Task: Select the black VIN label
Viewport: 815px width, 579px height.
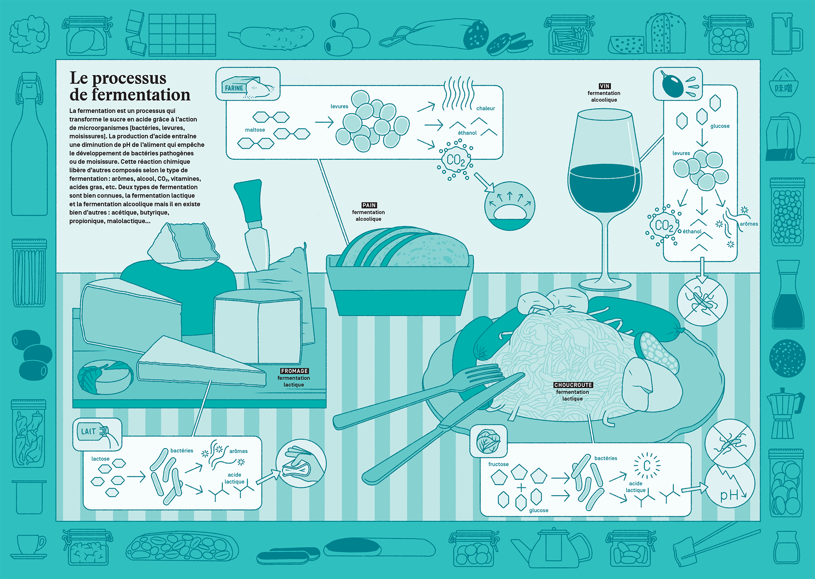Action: click(x=604, y=86)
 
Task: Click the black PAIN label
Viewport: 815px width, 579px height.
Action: click(x=369, y=205)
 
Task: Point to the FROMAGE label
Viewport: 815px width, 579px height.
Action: click(x=294, y=371)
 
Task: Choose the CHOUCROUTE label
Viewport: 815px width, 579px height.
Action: click(x=573, y=385)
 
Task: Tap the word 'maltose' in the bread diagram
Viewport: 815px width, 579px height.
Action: click(x=255, y=130)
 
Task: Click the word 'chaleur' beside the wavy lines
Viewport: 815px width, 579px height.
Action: click(x=486, y=108)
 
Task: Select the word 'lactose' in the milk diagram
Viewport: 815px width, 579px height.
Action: click(x=100, y=459)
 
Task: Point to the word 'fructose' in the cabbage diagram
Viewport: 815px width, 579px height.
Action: click(x=498, y=464)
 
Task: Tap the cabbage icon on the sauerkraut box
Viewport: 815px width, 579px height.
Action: click(x=489, y=441)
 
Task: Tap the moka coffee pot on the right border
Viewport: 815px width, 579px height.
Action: click(x=785, y=413)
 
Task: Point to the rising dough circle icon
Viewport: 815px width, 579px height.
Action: click(x=509, y=206)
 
